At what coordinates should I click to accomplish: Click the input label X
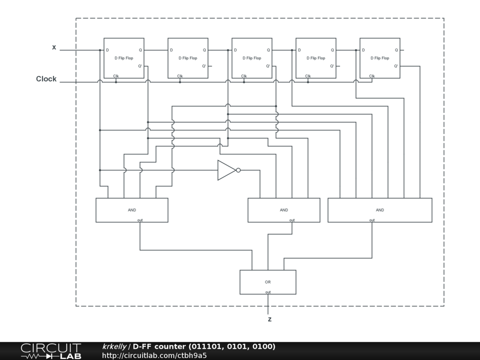[x=54, y=47]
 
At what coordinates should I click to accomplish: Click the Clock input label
[x=46, y=79]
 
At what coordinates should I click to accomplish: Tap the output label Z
[x=270, y=320]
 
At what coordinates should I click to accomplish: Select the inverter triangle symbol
[x=226, y=170]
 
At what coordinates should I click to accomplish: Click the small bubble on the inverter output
[x=239, y=170]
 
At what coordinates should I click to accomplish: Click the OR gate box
[x=268, y=282]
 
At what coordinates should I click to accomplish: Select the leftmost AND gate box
[x=132, y=210]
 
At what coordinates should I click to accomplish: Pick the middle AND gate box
[x=284, y=210]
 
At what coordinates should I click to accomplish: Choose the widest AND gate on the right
[x=380, y=210]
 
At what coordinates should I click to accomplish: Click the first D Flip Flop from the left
[x=124, y=58]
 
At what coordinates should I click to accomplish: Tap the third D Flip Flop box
[x=252, y=58]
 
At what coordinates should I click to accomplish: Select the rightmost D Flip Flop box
[x=380, y=58]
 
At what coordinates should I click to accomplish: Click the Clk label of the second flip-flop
[x=180, y=76]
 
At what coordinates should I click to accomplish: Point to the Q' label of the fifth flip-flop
[x=396, y=66]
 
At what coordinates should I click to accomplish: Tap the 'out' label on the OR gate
[x=268, y=292]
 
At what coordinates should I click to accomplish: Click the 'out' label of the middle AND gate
[x=292, y=220]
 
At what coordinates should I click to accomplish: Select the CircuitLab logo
[x=51, y=351]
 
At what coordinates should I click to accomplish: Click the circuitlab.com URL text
[x=154, y=355]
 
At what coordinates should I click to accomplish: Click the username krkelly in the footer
[x=114, y=346]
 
